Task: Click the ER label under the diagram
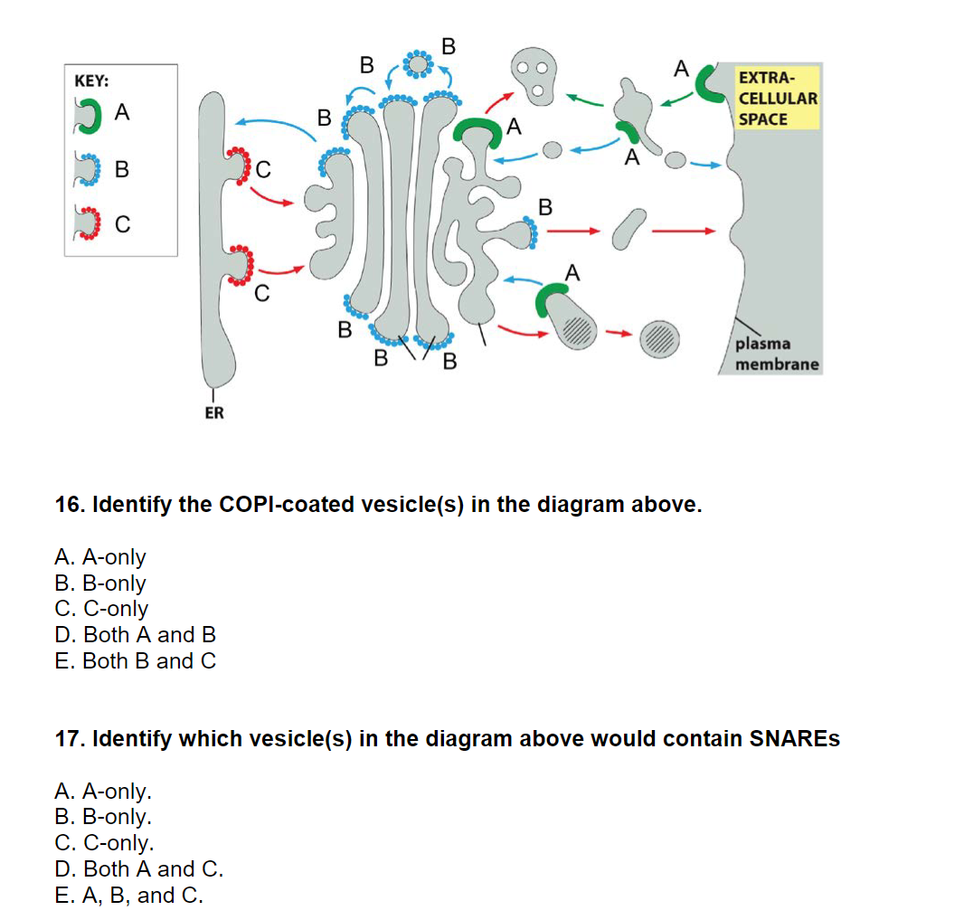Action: tap(213, 413)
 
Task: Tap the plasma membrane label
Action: tap(776, 355)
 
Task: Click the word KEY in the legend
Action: tap(91, 81)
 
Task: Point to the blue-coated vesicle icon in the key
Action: tap(91, 169)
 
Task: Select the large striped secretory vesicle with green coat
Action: tap(567, 317)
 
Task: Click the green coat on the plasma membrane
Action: tap(708, 82)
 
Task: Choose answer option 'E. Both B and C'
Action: tap(136, 661)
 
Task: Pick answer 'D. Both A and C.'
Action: tap(139, 869)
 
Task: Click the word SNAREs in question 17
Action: tap(795, 739)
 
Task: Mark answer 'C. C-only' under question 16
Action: tap(101, 609)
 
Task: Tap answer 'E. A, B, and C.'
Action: tap(128, 896)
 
